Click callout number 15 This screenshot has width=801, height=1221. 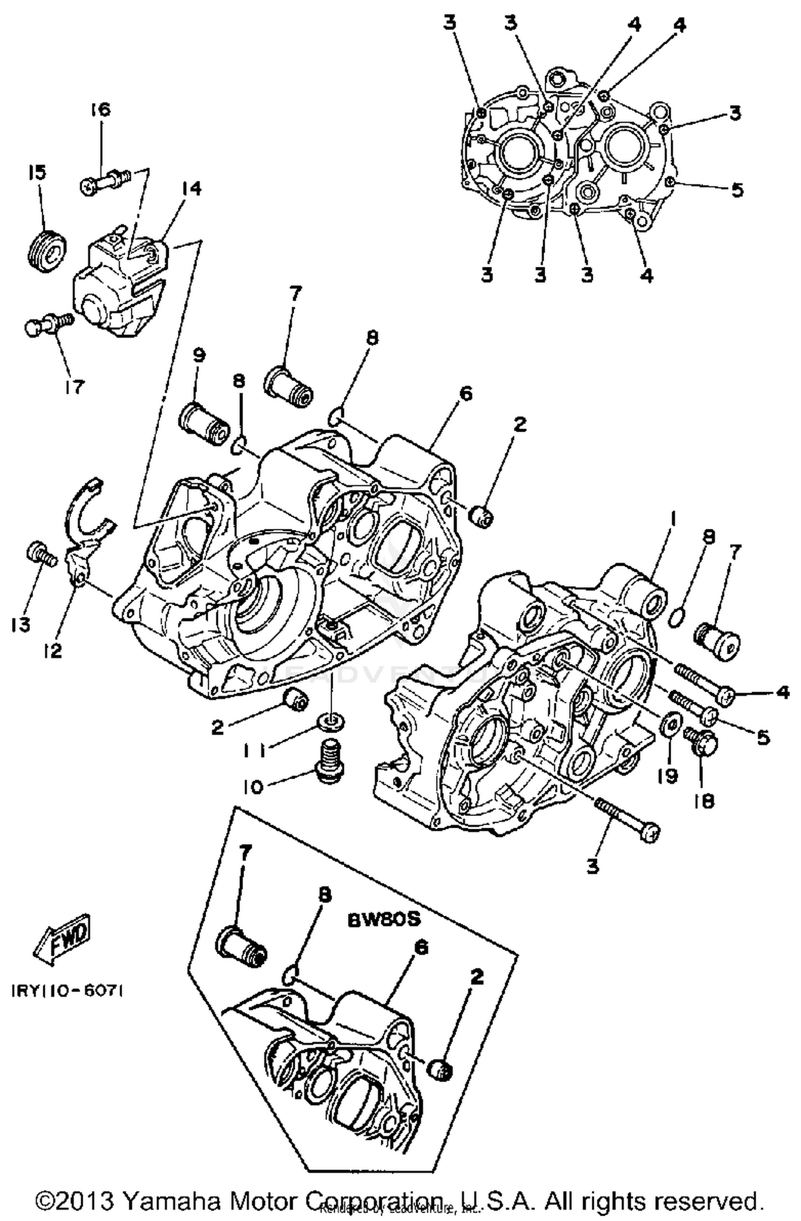point(38,172)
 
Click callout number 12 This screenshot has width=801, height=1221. point(53,650)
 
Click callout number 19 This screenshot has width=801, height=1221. point(667,775)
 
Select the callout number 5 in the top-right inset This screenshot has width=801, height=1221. point(737,190)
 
